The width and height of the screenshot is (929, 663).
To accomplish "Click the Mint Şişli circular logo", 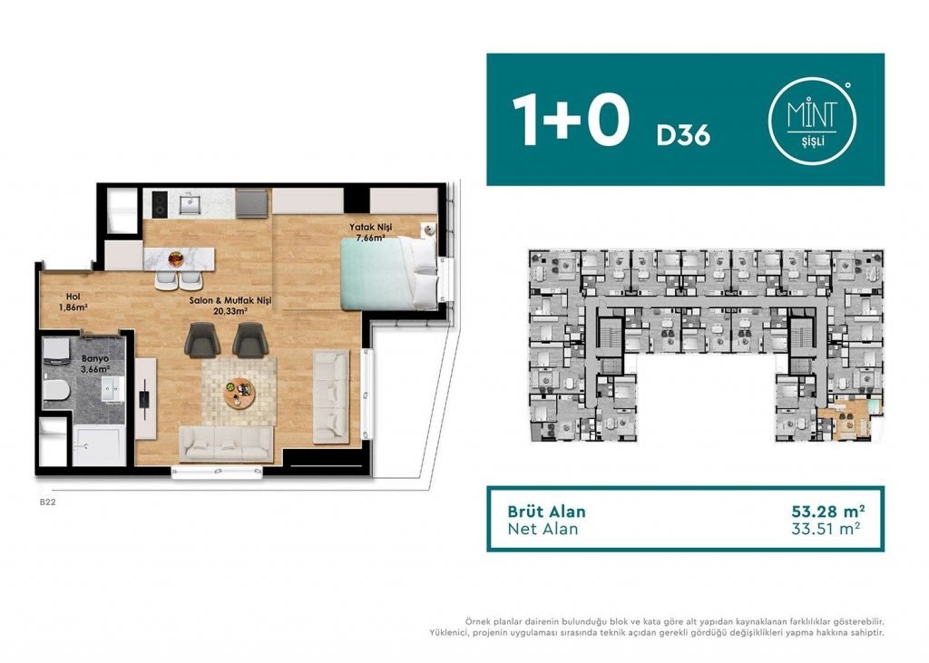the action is (x=812, y=121).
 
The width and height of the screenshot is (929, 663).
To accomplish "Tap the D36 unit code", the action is (x=683, y=136).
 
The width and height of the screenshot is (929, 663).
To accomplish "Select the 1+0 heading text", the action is (x=570, y=121).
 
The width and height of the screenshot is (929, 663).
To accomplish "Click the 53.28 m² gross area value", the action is (x=827, y=511).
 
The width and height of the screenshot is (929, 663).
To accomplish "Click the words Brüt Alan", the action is (x=546, y=512).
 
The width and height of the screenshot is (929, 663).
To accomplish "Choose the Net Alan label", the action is (x=543, y=529).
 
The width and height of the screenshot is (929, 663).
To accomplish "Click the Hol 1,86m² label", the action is (x=73, y=302).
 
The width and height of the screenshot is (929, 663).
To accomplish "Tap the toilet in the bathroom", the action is (x=56, y=390).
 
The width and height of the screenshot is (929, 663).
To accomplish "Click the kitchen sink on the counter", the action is (x=191, y=204).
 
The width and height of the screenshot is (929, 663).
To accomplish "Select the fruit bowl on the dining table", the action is (x=176, y=258).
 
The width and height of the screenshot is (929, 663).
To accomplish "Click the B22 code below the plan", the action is (x=47, y=502).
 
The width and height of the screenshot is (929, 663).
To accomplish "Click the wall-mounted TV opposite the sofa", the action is (x=144, y=399).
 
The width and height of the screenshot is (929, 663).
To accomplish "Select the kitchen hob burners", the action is (x=160, y=204).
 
